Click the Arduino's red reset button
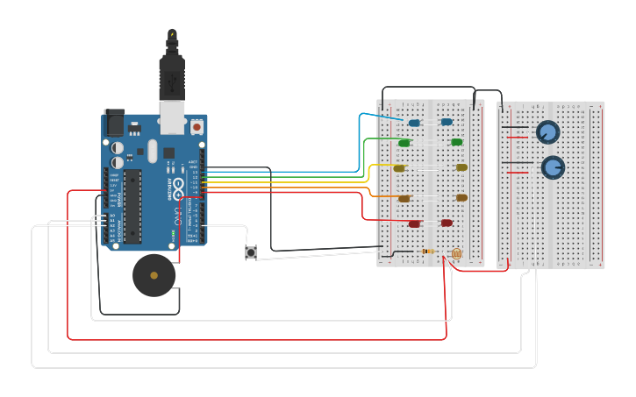[x=197, y=127]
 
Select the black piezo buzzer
[x=154, y=275]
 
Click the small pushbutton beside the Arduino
[x=251, y=252]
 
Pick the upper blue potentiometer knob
[x=547, y=132]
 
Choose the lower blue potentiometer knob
[x=553, y=167]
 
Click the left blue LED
[x=414, y=123]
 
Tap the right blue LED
[x=447, y=122]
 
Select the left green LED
[x=404, y=143]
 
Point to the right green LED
[x=456, y=142]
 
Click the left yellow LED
[x=399, y=168]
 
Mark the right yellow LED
[x=461, y=167]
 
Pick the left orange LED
[x=404, y=199]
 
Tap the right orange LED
[x=461, y=198]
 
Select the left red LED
[x=414, y=224]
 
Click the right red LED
[x=447, y=223]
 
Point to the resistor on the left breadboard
[x=427, y=252]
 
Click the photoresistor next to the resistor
[x=455, y=254]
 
